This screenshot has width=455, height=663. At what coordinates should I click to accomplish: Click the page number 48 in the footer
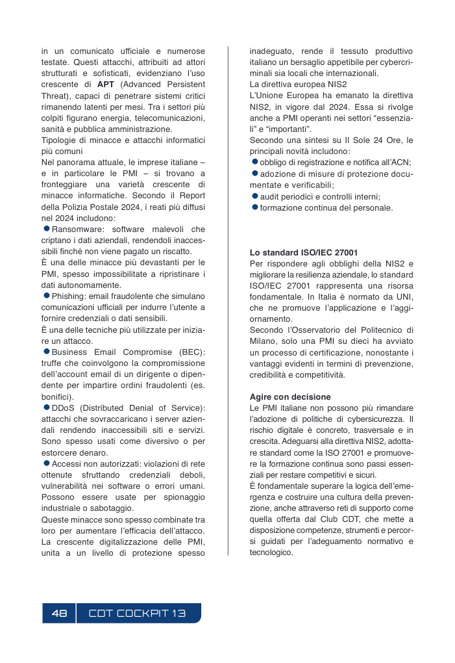59,614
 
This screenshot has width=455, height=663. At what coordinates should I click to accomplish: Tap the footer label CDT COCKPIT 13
137,614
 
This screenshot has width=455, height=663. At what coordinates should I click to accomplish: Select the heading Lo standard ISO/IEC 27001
304,252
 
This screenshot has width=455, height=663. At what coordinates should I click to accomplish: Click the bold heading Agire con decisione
290,396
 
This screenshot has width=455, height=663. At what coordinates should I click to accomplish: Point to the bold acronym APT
106,84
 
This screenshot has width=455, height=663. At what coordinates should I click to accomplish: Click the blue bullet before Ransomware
46,229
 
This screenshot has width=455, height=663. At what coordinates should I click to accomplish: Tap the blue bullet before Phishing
46,295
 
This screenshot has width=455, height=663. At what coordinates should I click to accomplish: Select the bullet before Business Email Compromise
46,352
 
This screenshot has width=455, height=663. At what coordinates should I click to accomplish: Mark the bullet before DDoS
46,408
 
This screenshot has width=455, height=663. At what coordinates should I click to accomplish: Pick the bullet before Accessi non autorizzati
46,463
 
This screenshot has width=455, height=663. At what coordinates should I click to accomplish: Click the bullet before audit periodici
255,196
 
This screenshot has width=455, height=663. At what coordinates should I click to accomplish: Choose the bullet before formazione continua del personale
255,207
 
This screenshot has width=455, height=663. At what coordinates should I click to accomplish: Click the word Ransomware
75,229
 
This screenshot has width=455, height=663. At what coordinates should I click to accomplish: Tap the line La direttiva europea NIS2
298,84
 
